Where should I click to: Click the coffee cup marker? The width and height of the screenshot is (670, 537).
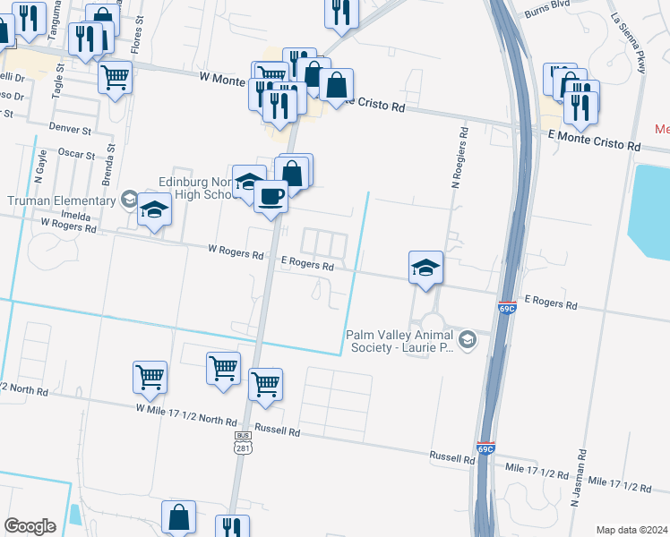(x=271, y=195)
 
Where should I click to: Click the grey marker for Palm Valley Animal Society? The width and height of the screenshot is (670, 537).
(x=468, y=340)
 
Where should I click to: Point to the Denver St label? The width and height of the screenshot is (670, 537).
(x=71, y=130)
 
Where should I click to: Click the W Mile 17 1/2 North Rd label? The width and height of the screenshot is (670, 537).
(x=186, y=414)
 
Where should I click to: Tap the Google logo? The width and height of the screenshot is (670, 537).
(x=30, y=526)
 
